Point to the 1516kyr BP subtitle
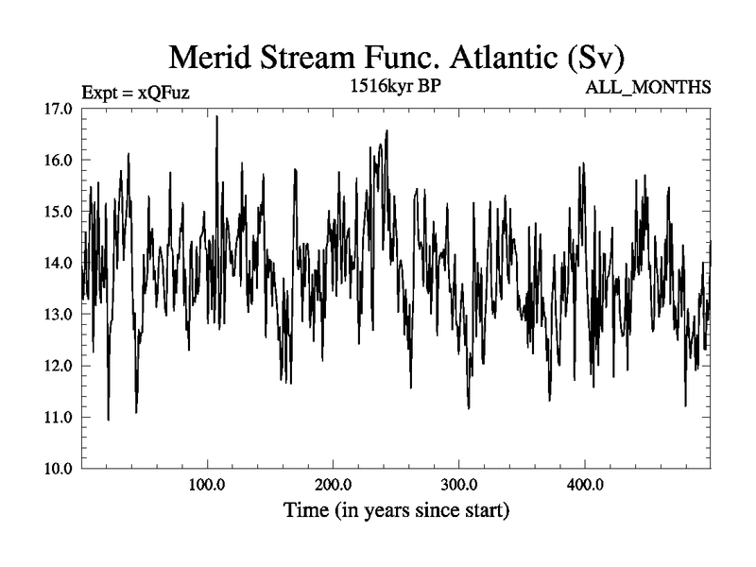[x=395, y=87]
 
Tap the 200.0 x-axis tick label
[x=332, y=486]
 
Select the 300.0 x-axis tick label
[x=458, y=486]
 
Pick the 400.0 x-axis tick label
[x=585, y=486]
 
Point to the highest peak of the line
[x=216, y=117]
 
